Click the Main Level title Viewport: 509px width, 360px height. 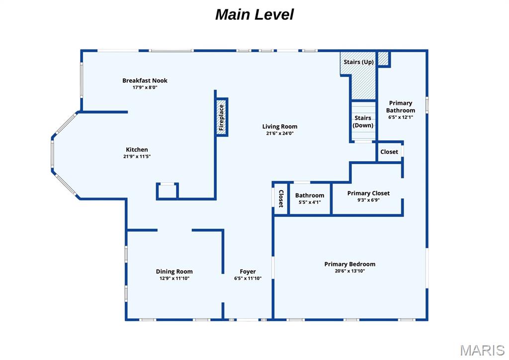[x=254, y=14]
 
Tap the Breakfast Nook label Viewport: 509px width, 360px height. [x=145, y=81]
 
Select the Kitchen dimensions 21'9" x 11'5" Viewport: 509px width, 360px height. [x=137, y=156]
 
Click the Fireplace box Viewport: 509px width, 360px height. [x=222, y=116]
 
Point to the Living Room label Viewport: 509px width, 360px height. [x=280, y=126]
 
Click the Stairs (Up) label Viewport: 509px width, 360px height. [x=359, y=62]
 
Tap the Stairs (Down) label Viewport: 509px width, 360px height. [x=363, y=122]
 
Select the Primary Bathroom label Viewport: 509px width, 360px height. [x=400, y=106]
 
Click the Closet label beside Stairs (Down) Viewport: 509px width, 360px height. [x=389, y=152]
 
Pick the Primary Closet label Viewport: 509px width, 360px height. [x=368, y=193]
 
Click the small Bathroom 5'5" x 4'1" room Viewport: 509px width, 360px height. [x=310, y=198]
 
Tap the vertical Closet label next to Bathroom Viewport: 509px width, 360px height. [x=281, y=198]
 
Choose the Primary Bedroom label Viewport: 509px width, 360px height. [x=349, y=264]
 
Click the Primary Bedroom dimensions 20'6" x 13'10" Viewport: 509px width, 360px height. [x=349, y=271]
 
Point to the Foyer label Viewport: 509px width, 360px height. [x=248, y=271]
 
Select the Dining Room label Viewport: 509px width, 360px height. [x=174, y=271]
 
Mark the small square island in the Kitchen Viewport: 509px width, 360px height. [x=168, y=191]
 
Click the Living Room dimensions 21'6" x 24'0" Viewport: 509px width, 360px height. [x=280, y=133]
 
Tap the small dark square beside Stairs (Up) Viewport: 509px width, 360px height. [x=384, y=59]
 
